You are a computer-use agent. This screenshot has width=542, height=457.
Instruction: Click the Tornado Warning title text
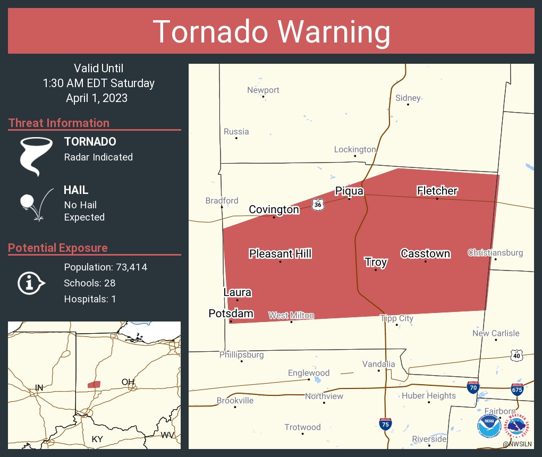click(x=271, y=32)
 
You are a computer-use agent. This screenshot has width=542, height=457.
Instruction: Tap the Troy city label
click(x=376, y=262)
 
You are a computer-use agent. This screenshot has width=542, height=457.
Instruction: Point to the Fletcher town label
click(x=437, y=191)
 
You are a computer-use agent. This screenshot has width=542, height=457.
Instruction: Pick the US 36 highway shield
click(x=317, y=204)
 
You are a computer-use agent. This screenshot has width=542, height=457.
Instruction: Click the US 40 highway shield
click(x=515, y=355)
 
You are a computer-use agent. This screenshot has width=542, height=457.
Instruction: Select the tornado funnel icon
click(x=36, y=156)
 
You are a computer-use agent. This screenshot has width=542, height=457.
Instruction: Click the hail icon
click(x=36, y=204)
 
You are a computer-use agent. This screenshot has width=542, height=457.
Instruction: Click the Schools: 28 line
click(x=90, y=283)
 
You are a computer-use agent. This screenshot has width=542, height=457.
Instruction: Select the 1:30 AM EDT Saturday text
click(x=99, y=83)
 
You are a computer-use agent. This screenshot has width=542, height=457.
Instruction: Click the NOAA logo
click(x=489, y=426)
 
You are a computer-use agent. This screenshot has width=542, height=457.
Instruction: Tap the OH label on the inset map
click(x=128, y=382)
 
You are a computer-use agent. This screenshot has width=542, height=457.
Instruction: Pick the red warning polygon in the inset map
click(x=94, y=384)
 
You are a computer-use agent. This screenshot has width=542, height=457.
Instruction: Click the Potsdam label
click(x=231, y=314)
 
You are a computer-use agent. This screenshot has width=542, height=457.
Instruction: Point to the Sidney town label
click(x=408, y=98)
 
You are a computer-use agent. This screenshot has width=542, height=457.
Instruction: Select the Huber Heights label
click(x=428, y=395)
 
